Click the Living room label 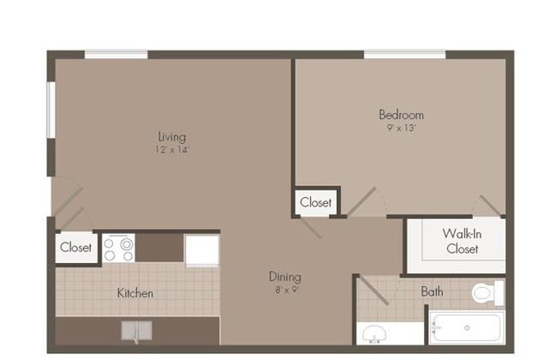172,137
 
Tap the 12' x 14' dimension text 172,150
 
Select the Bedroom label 401,115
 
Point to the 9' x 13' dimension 401,128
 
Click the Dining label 284,277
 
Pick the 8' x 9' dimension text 287,290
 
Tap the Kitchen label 135,293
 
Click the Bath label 432,291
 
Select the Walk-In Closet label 462,242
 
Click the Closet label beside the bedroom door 315,202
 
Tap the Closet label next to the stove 75,248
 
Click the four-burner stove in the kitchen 118,249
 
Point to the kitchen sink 137,331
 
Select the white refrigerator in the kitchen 202,250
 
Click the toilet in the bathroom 488,293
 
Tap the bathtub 467,327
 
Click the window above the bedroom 405,54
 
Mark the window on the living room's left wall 51,110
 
